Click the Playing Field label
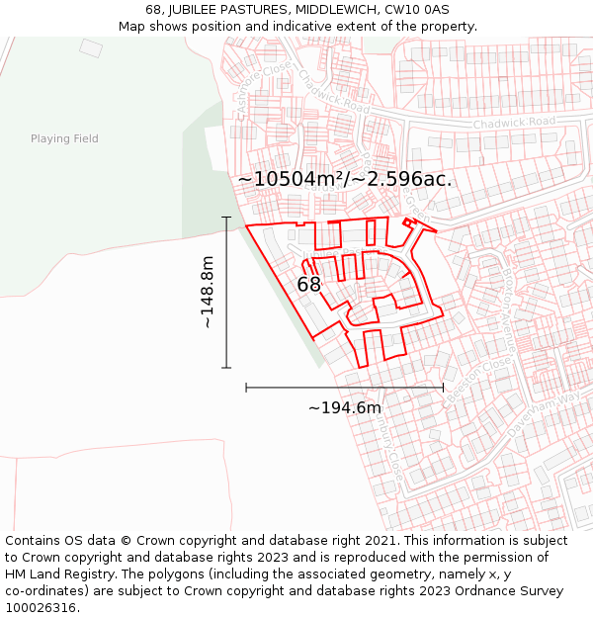(x=64, y=138)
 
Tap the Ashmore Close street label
(x=249, y=85)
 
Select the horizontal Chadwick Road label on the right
(x=514, y=123)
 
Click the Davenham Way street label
(x=543, y=413)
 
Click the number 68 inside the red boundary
(x=308, y=285)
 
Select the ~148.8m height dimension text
(x=207, y=293)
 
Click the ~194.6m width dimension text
(x=345, y=407)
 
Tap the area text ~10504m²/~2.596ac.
(x=345, y=179)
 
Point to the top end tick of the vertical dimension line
(x=226, y=218)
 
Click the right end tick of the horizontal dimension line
(x=443, y=387)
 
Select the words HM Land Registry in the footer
(x=54, y=574)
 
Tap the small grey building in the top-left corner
(x=91, y=47)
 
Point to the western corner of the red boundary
(x=246, y=226)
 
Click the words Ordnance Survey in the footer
(x=514, y=591)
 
